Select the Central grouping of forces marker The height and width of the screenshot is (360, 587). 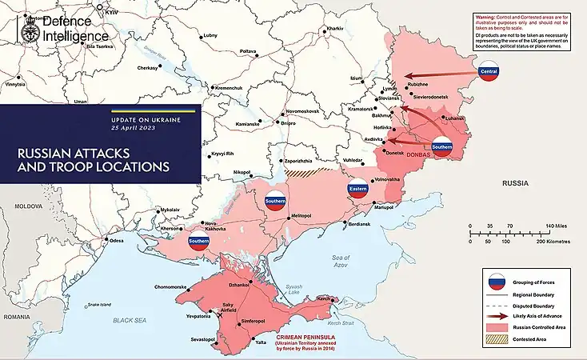pos(488,73)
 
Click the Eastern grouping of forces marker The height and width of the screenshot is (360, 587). pos(357,190)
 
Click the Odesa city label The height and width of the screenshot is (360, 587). pos(117,241)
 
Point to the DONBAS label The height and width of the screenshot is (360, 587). pos(419,154)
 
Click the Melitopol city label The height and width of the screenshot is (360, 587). pos(301,216)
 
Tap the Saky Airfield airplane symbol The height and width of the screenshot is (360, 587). pos(220,314)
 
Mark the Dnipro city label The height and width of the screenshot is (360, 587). pos(288,123)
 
